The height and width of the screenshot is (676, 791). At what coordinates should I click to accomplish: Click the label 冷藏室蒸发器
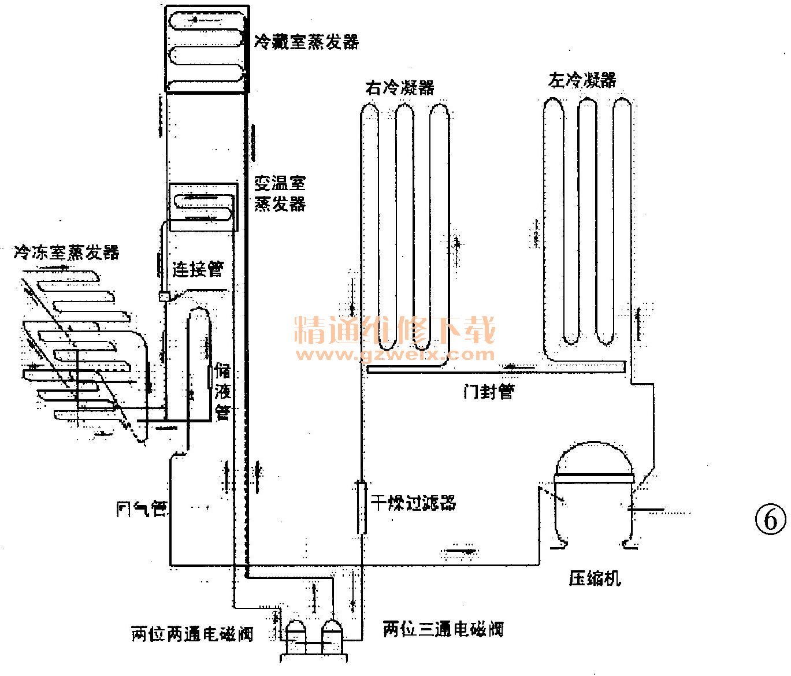point(306,42)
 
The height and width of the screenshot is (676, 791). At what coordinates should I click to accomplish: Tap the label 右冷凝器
point(399,88)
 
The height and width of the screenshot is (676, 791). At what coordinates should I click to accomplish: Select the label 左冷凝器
point(582,80)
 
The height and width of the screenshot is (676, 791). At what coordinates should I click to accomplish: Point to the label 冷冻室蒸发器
point(66,252)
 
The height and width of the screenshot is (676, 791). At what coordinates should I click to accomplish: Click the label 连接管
point(198,269)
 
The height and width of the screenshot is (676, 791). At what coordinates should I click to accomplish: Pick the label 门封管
point(488,392)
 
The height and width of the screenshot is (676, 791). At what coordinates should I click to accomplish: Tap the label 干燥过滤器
point(413,503)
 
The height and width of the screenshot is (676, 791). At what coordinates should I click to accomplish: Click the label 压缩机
point(595,578)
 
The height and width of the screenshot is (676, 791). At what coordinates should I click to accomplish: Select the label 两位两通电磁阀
point(192,634)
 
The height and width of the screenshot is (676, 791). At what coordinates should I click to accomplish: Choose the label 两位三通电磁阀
point(443,629)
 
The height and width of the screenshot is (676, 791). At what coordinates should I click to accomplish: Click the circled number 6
point(771,520)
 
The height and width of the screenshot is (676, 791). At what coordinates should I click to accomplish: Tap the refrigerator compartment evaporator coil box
point(206,49)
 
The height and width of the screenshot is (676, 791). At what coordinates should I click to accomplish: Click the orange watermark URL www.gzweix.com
point(396,354)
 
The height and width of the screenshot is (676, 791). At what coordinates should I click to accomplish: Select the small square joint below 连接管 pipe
point(164,297)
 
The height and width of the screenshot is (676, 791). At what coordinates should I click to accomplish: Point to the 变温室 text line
point(280,183)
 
